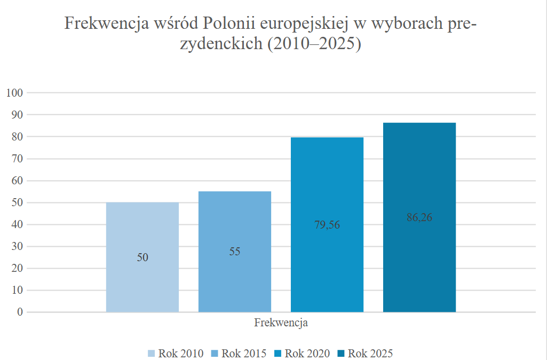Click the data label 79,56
(327, 224)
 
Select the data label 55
(235, 252)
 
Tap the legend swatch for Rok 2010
(152, 354)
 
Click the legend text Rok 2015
(244, 353)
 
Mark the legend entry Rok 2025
(370, 353)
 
